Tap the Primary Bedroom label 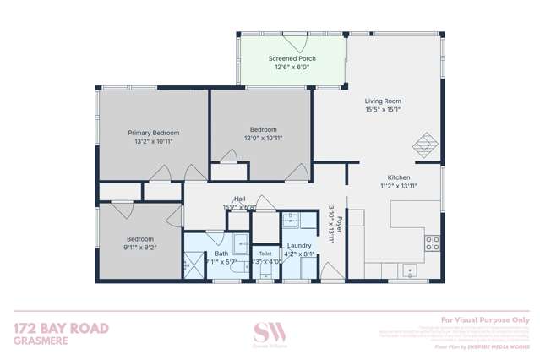(x=153, y=133)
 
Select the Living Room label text (x=383, y=100)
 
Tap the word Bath (x=221, y=253)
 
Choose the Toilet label (x=265, y=253)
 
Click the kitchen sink (x=410, y=272)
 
